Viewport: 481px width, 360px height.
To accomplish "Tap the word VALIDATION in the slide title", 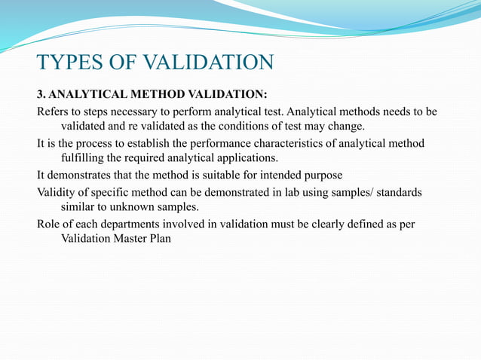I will click(210, 62).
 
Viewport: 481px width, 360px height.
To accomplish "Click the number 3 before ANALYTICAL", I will click(41, 95).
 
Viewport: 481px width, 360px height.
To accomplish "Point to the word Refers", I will click(54, 111).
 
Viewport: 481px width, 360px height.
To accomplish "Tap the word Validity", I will click(57, 192).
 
